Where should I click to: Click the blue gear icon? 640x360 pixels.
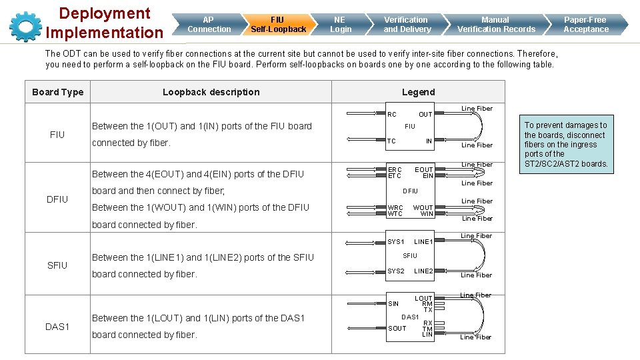(25, 25)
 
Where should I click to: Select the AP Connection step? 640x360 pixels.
(209, 25)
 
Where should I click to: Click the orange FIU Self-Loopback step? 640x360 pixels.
(278, 25)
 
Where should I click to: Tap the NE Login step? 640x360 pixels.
(340, 25)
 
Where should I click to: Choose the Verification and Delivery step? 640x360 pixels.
(407, 25)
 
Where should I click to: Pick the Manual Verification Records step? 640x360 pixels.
(495, 25)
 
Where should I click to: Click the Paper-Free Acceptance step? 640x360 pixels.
(585, 25)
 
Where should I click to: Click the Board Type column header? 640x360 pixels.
(57, 92)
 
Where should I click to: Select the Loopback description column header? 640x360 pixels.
(211, 92)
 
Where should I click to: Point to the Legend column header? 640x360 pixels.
(418, 92)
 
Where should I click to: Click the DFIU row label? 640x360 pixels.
(57, 199)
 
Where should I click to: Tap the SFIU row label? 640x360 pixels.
(57, 265)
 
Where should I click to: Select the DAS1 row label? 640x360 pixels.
(57, 326)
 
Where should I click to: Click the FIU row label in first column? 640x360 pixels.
(57, 135)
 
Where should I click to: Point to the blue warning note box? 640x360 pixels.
(565, 144)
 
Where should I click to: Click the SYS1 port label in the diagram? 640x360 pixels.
(396, 241)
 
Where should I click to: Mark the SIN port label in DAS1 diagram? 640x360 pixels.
(393, 304)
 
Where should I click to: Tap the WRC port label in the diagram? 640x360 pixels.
(395, 208)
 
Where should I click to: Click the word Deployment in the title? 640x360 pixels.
(105, 13)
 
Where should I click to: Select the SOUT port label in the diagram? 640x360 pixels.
(397, 329)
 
